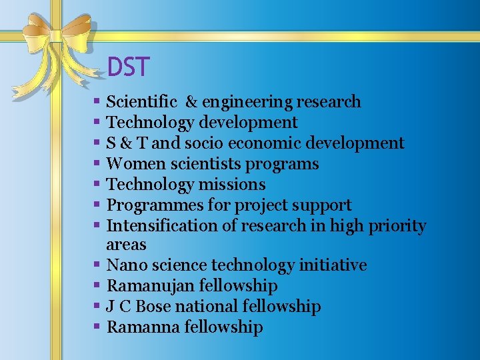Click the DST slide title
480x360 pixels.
pyautogui.click(x=129, y=67)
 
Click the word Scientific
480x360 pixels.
pyautogui.click(x=142, y=102)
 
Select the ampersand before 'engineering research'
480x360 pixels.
pyautogui.click(x=191, y=102)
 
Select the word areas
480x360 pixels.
pyautogui.click(x=126, y=245)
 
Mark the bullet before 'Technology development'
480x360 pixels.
pyautogui.click(x=97, y=123)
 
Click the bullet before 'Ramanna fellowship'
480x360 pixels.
pyautogui.click(x=97, y=327)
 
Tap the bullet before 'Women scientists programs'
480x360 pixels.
pyautogui.click(x=97, y=164)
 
